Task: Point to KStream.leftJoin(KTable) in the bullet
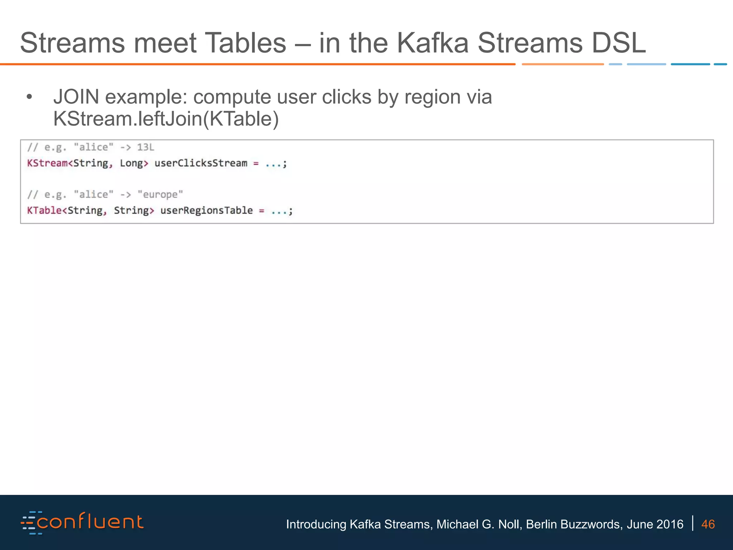[x=166, y=119]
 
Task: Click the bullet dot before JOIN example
[x=29, y=97]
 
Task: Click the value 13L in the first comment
[x=145, y=147]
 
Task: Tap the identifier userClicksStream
[x=201, y=163]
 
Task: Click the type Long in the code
[x=131, y=163]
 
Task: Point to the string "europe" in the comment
[x=160, y=194]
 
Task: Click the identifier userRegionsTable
[x=207, y=211]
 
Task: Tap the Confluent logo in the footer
[x=82, y=523]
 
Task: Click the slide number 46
[x=708, y=524]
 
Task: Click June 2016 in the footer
[x=655, y=524]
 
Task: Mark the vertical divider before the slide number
[x=693, y=523]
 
